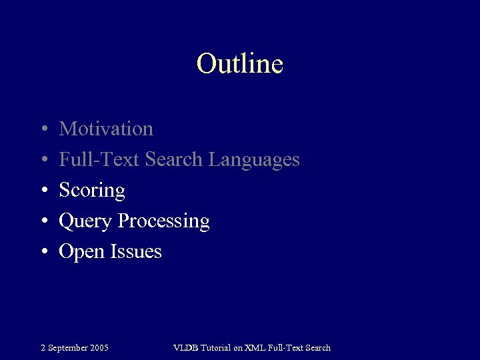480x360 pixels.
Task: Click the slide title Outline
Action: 240,64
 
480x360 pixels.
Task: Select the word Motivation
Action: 106,129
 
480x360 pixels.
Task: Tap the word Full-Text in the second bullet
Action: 99,160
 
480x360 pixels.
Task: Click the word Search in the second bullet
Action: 174,160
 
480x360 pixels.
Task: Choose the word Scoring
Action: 92,191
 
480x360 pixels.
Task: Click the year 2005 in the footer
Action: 99,347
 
